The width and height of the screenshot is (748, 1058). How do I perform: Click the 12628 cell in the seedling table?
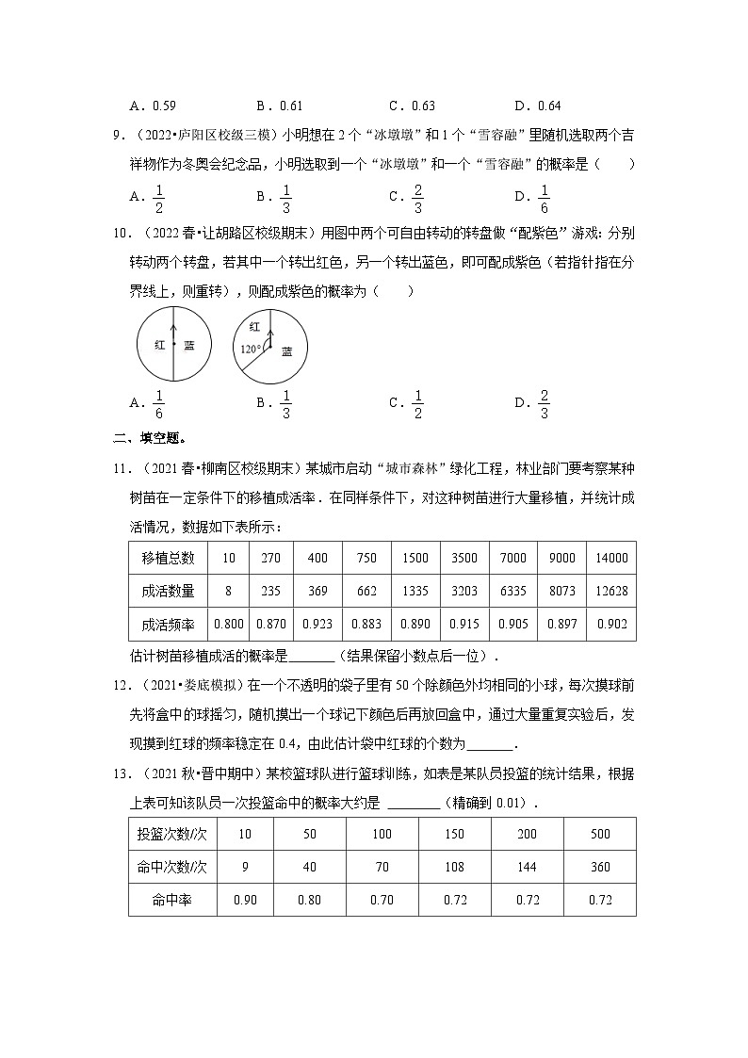(x=611, y=591)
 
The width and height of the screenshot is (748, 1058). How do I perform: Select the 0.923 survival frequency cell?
(x=317, y=624)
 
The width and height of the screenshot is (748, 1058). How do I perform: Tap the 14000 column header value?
(x=611, y=558)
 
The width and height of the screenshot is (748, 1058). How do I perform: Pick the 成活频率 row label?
(x=168, y=624)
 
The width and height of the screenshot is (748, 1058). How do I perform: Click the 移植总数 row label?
(x=168, y=558)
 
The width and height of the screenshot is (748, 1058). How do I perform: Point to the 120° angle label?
(x=250, y=350)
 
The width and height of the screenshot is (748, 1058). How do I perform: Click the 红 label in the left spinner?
(x=160, y=345)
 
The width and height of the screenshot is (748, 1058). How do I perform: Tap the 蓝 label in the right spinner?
(x=286, y=351)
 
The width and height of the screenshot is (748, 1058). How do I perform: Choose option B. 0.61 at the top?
(x=279, y=106)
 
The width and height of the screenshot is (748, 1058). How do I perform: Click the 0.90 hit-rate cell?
(x=244, y=900)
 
